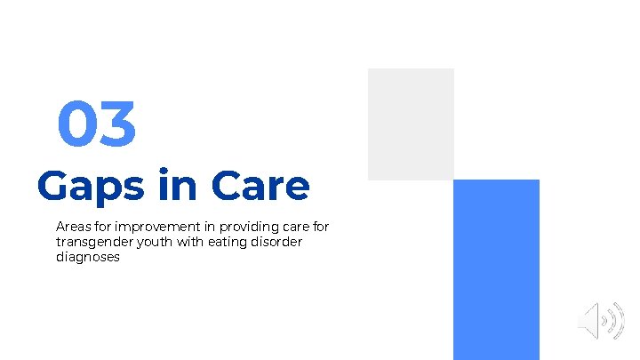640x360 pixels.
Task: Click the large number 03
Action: point(97,124)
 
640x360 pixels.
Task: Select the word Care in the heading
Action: point(261,187)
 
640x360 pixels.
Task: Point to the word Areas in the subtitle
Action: point(72,227)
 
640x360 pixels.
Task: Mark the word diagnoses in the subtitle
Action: point(87,258)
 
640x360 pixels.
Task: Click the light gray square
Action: point(411,124)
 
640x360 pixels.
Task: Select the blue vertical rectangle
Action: point(496,269)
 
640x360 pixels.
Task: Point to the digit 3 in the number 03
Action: point(118,124)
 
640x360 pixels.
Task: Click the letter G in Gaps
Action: point(53,187)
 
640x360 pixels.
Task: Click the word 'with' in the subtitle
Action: point(185,242)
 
